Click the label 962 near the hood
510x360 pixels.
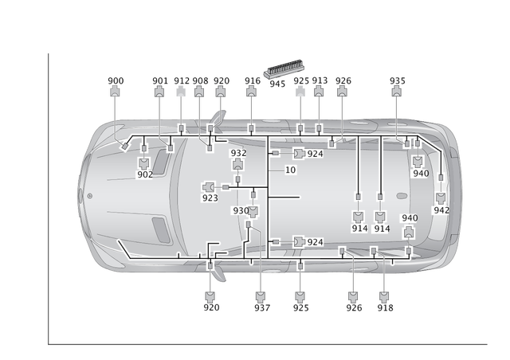coord(144,174)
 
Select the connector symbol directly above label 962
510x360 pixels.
coord(144,162)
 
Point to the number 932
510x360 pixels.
coord(237,153)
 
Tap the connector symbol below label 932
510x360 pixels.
coord(237,164)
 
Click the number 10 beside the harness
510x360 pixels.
coord(290,170)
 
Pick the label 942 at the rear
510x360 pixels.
coord(440,210)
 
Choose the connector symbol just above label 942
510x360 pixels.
coord(440,198)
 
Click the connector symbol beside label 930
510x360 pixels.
coord(253,211)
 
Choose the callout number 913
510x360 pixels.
coord(319,80)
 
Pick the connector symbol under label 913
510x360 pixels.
coord(319,92)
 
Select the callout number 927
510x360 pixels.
coord(261,307)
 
